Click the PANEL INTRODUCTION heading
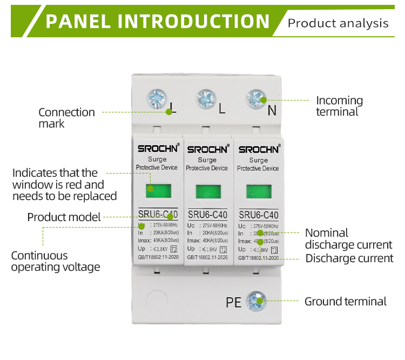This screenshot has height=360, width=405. (157, 22)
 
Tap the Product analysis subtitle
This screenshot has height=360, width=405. (338, 23)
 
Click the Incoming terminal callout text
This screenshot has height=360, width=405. (339, 106)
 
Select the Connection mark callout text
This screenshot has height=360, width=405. (66, 117)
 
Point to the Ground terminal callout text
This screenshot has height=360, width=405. (346, 302)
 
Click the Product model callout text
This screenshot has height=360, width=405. (64, 217)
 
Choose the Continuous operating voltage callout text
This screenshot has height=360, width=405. (56, 261)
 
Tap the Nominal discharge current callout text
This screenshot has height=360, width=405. (348, 239)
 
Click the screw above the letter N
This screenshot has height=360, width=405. (256, 99)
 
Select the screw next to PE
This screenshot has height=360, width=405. (255, 301)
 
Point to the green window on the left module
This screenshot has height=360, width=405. (157, 191)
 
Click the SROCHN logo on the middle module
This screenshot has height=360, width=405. (207, 149)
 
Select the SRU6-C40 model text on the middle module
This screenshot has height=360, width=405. (207, 215)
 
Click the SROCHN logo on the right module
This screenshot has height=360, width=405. (259, 149)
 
